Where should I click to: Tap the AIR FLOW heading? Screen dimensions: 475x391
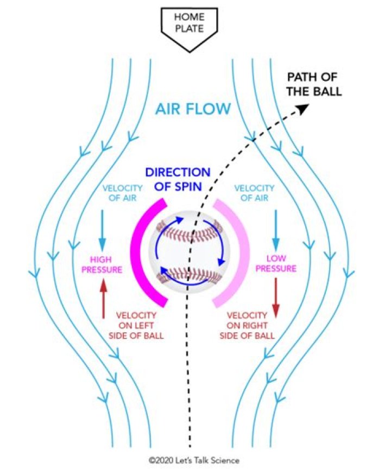click(193, 109)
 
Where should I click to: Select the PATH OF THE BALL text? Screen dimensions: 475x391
click(315, 84)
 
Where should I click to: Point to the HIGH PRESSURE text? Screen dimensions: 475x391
click(103, 264)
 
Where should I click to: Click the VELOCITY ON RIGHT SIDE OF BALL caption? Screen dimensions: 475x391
click(247, 325)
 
